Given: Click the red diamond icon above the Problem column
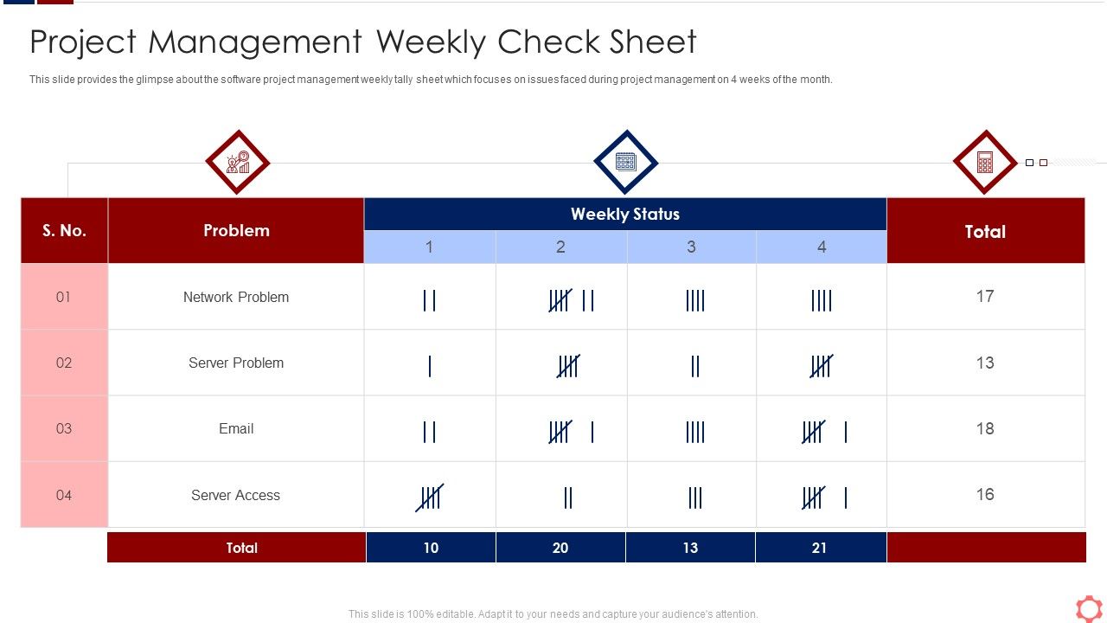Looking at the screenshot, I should pos(237,163).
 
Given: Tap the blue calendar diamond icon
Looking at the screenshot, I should pos(625,163).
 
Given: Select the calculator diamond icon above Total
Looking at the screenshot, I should pos(984,163).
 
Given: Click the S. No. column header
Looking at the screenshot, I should pos(64,230).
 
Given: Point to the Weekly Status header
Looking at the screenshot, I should pos(625,214).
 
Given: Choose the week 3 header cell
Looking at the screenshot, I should pos(691,247).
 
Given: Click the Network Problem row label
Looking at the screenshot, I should pos(236,297).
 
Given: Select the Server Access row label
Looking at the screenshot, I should pos(235,495).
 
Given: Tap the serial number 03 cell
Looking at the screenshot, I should pos(64,428).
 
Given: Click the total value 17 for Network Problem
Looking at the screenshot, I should pos(985,296).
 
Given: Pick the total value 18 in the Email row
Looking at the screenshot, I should pos(985,428).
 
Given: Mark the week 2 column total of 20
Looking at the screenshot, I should pos(560,548).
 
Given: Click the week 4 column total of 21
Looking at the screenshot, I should pos(819,548).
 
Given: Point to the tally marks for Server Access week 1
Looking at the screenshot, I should pos(430,498).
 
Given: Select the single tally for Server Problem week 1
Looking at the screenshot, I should pos(430,366).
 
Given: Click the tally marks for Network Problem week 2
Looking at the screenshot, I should pos(572,300).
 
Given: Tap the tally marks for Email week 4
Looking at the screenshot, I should pos(823,431).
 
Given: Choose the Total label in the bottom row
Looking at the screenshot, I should pos(241,548).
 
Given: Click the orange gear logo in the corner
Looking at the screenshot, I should pos(1089,608).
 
